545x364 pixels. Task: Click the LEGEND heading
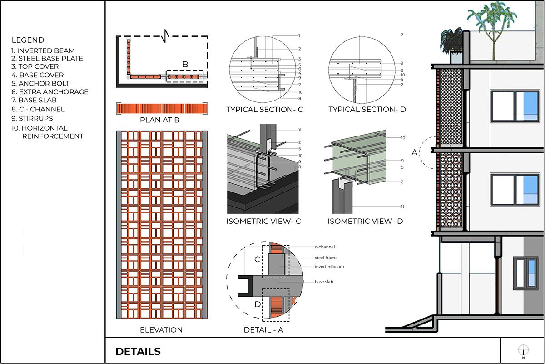tap(28, 40)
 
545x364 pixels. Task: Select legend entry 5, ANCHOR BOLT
tap(44, 83)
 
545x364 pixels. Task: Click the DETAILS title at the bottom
tap(138, 351)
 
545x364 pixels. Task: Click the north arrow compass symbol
tap(523, 350)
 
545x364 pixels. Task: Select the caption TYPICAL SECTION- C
tap(265, 110)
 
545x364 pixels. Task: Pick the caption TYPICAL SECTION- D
tap(367, 110)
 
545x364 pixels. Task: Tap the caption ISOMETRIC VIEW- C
tap(264, 222)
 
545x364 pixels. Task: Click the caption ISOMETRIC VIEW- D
tap(365, 222)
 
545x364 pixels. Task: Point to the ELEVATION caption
tap(161, 330)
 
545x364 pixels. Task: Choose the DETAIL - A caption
tap(263, 330)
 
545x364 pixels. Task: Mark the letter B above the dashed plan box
tap(185, 64)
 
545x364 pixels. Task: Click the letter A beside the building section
tap(414, 152)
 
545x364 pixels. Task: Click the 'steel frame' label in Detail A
tap(325, 258)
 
